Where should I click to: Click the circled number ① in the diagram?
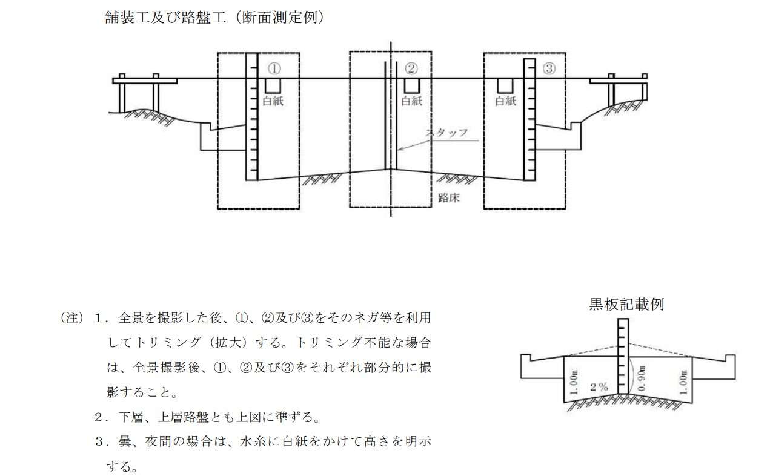click(274, 68)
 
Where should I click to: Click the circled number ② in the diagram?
click(411, 68)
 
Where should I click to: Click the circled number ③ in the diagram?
click(549, 68)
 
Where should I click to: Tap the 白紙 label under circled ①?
click(273, 101)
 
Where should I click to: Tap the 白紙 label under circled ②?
click(412, 101)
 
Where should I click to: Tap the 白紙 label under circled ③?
click(506, 101)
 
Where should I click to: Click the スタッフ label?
click(446, 133)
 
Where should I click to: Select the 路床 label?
click(448, 198)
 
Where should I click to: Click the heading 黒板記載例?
click(626, 304)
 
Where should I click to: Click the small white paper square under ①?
click(273, 85)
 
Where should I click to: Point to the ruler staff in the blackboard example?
click(622, 357)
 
